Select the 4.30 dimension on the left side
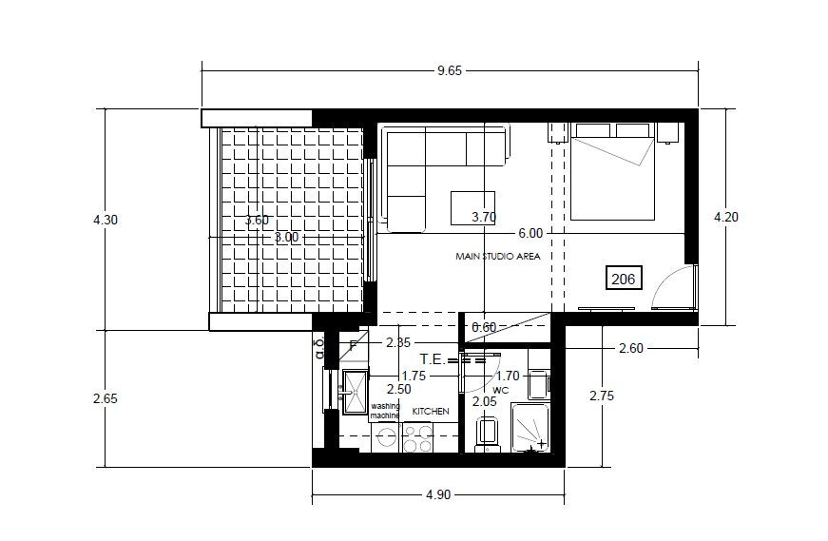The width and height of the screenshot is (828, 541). tap(106, 220)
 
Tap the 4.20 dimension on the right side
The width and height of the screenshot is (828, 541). tap(726, 216)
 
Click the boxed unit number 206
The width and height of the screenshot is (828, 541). tap(623, 279)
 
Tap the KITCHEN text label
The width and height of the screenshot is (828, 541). tap(430, 411)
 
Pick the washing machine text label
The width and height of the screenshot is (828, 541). tap(385, 411)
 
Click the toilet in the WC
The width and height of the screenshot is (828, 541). tap(488, 435)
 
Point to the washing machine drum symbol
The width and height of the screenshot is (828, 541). tap(386, 437)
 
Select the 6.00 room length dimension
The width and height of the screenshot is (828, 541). tap(530, 233)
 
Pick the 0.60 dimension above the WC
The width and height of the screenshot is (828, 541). tap(483, 327)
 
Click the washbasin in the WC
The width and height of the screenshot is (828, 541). tap(537, 383)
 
